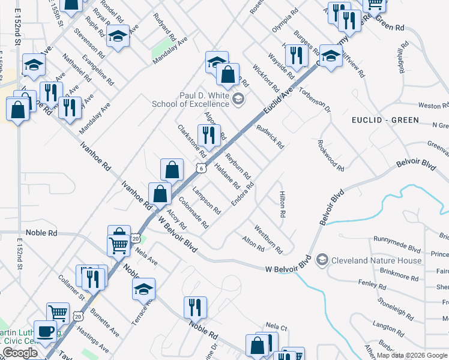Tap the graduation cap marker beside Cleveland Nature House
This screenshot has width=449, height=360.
point(322,260)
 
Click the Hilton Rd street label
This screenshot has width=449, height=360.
point(282,204)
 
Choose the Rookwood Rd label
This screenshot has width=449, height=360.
point(330,155)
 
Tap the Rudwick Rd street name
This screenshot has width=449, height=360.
point(270,137)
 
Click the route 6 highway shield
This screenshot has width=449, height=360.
point(201,169)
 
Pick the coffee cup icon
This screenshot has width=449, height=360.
point(46,331)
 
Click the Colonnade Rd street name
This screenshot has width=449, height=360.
point(193,212)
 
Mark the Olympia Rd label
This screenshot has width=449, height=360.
point(285,22)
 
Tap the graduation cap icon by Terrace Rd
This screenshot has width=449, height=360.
point(143,289)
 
